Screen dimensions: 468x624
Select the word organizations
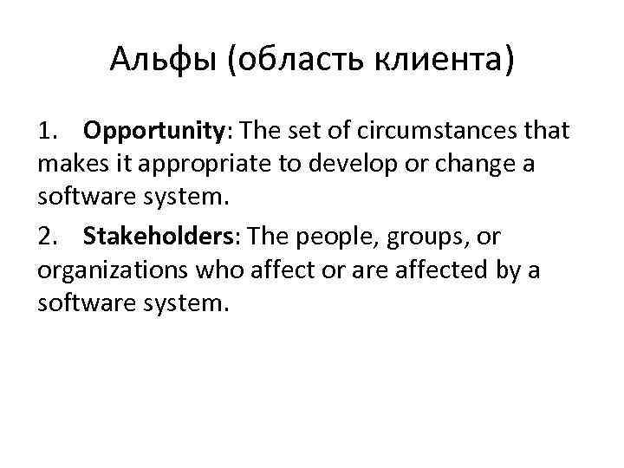(111, 270)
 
